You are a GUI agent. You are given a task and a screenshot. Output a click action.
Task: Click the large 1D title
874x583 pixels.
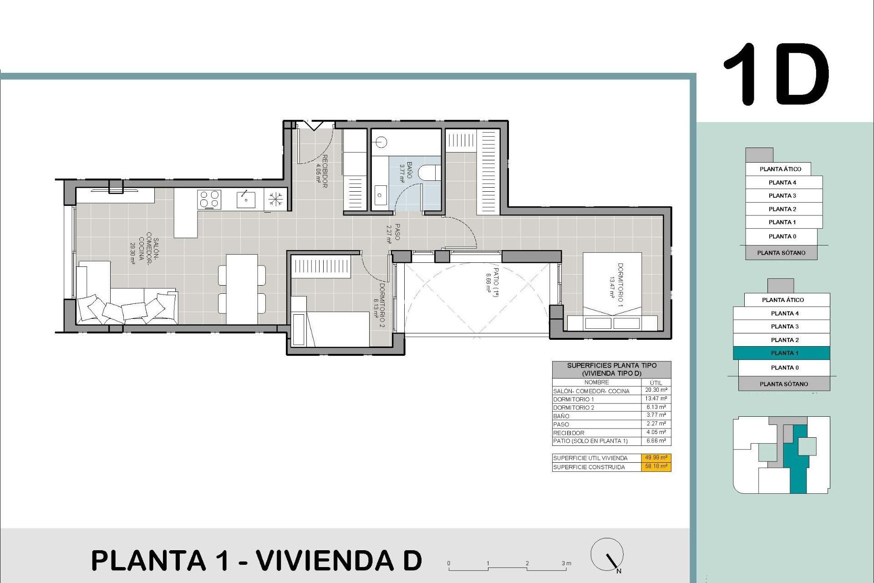(776, 76)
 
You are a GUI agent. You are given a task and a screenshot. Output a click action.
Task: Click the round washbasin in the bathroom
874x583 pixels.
(381, 143)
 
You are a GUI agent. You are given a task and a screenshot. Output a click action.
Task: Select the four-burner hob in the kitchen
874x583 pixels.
(209, 199)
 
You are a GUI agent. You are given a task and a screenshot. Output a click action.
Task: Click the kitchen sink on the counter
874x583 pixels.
(246, 199)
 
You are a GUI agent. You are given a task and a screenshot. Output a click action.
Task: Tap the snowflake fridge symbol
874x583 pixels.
(275, 199)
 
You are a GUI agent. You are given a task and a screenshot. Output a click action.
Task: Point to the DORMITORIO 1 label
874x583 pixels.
(617, 285)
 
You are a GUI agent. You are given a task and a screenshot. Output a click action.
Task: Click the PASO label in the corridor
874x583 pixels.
(394, 232)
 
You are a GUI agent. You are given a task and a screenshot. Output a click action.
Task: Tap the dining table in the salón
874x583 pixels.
(242, 289)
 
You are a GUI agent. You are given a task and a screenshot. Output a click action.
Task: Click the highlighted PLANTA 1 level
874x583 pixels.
(782, 353)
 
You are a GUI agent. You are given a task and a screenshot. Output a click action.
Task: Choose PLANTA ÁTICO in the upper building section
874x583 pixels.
(780, 169)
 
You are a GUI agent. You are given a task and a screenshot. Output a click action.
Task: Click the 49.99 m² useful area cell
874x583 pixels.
(656, 458)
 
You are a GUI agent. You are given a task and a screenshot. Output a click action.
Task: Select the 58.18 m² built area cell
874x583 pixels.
(656, 466)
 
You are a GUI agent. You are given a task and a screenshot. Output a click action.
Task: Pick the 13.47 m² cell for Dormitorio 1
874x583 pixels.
(656, 399)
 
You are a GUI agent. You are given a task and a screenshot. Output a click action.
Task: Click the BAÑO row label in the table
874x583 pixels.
(561, 416)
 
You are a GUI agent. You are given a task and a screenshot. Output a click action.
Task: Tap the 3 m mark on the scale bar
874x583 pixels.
(566, 563)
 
